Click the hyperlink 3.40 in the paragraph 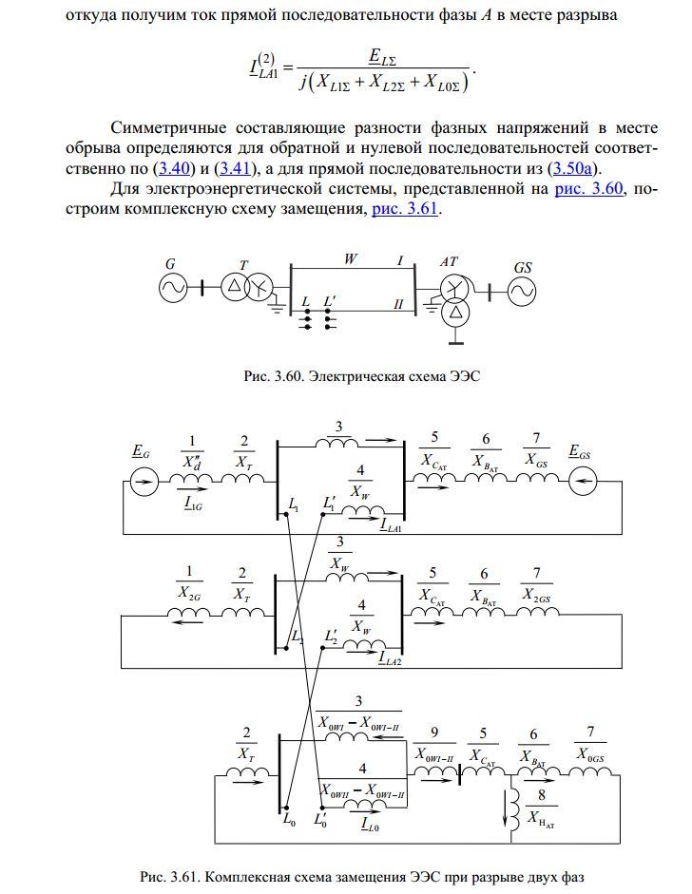[x=173, y=169]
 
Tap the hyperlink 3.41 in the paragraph [x=236, y=169]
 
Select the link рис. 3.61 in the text [x=405, y=209]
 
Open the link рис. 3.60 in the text [x=588, y=188]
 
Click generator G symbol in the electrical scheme [x=172, y=289]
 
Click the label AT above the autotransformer [x=449, y=261]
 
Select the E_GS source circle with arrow [x=583, y=483]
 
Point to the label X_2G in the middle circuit [x=189, y=593]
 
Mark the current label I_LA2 [x=391, y=658]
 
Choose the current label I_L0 [x=371, y=824]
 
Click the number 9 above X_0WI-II [x=434, y=732]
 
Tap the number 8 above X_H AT [x=542, y=795]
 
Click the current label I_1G [x=193, y=504]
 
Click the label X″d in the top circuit [x=192, y=462]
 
